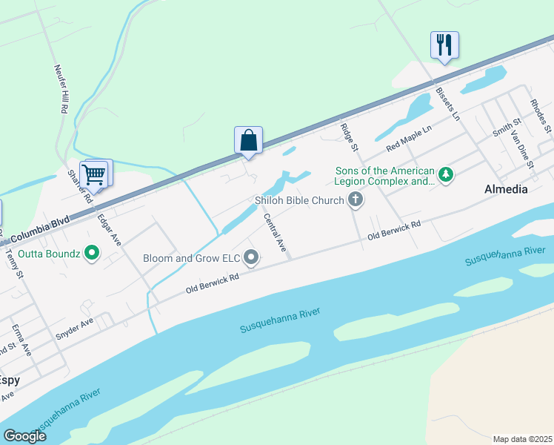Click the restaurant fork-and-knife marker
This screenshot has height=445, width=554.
444,44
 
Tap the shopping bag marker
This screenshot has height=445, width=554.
249,139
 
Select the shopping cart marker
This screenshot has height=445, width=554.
94,175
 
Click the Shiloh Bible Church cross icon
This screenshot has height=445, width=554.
356,200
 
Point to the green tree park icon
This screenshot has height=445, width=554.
445,175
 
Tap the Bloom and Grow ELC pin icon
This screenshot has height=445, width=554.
252,258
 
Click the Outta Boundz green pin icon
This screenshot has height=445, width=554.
92,253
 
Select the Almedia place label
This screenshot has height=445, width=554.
506,189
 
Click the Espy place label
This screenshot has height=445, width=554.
10,380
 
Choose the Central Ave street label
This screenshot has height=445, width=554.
275,233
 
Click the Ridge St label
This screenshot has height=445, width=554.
349,138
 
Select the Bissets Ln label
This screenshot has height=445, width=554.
447,105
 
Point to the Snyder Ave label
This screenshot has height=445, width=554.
75,330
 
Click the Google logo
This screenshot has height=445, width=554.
24,435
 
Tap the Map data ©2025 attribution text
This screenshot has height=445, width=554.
522,438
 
